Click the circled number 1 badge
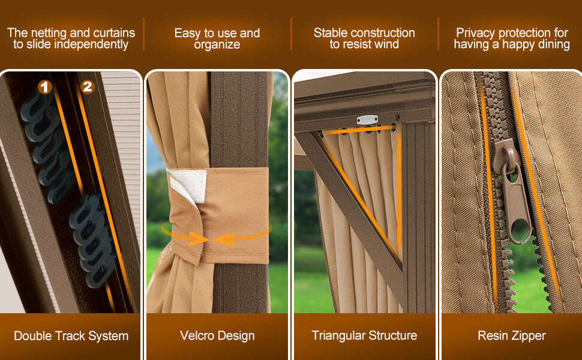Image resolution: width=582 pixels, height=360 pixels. (x=45, y=87)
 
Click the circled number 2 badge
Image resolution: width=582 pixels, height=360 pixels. (x=88, y=86)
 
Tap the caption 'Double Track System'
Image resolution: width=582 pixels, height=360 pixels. (x=71, y=336)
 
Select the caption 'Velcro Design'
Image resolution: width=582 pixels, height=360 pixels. (x=218, y=335)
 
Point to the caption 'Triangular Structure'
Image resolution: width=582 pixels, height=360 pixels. (x=364, y=335)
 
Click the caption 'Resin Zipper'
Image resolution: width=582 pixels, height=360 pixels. (x=512, y=335)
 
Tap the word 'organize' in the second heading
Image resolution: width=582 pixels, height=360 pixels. (x=217, y=45)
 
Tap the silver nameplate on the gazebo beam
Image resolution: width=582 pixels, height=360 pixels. (x=367, y=119)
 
